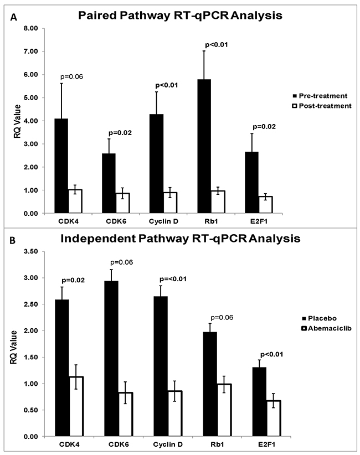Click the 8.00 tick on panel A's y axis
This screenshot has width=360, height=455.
(x=30, y=28)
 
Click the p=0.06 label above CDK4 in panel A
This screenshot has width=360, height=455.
(x=63, y=77)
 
